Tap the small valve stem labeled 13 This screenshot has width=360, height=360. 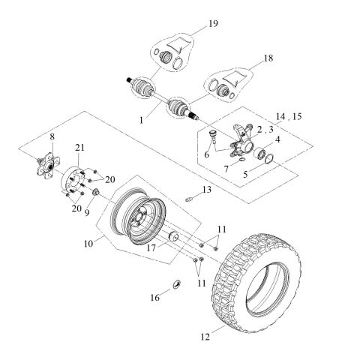pyautogui.click(x=191, y=199)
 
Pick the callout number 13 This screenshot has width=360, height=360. pyautogui.click(x=207, y=190)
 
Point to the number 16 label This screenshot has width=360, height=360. pyautogui.click(x=155, y=297)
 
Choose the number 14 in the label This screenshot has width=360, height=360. pyautogui.click(x=280, y=118)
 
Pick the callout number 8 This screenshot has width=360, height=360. pyautogui.click(x=52, y=136)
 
